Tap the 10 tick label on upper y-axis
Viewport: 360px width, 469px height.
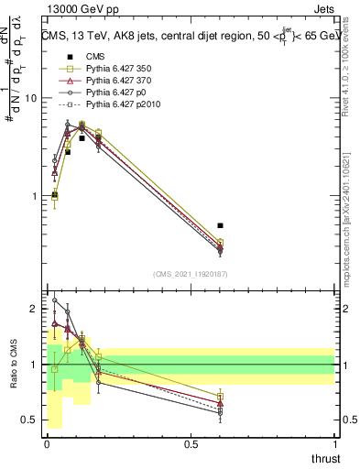pyautogui.click(x=28, y=98)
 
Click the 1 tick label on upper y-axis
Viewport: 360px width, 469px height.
pyautogui.click(x=31, y=196)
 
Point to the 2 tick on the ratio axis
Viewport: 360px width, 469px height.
pyautogui.click(x=31, y=310)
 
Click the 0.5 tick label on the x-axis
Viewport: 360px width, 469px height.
pyautogui.click(x=191, y=445)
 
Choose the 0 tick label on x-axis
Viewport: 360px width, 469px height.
pyautogui.click(x=46, y=445)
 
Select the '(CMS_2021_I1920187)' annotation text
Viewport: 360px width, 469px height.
pyautogui.click(x=190, y=274)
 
